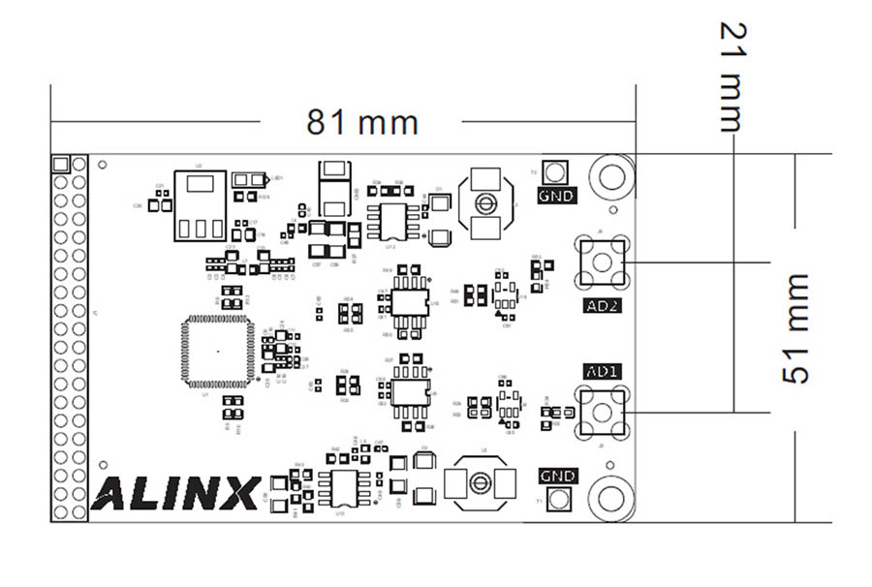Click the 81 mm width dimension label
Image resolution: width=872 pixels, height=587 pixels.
[x=362, y=123]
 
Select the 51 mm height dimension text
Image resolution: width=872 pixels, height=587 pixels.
[x=794, y=328]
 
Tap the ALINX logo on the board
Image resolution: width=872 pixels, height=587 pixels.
[x=175, y=493]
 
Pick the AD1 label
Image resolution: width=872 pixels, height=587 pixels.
[x=603, y=371]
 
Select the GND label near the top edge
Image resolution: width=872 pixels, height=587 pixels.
[x=556, y=196]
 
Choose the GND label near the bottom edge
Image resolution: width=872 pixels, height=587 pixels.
[x=557, y=476]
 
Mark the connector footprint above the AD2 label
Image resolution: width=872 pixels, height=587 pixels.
[x=602, y=262]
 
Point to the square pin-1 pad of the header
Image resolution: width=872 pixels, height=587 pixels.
[x=60, y=164]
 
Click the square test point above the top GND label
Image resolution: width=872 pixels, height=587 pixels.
[x=555, y=172]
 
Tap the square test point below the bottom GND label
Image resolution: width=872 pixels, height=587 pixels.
[x=556, y=500]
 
